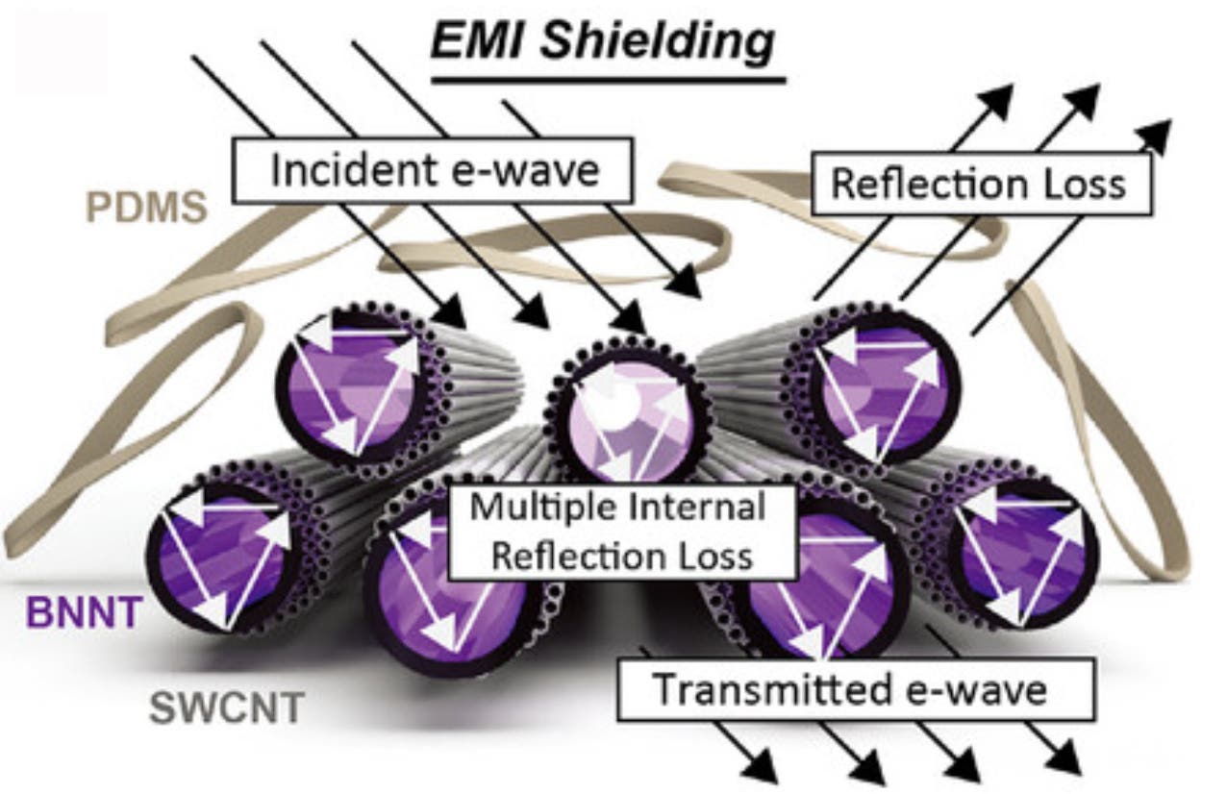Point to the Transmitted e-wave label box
[850, 690]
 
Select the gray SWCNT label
[227, 710]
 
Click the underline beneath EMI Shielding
[608, 78]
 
